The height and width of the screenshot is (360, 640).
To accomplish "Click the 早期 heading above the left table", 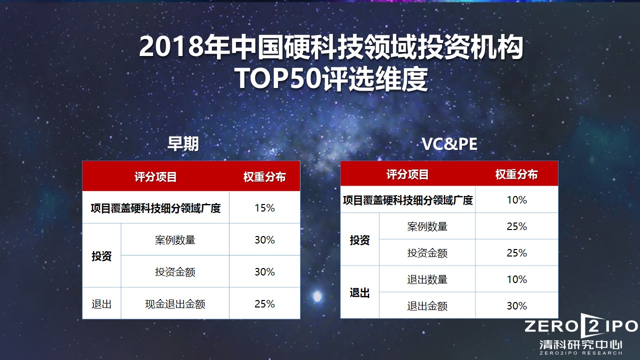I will tap(183, 144).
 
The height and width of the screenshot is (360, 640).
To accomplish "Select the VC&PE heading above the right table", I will tap(449, 144).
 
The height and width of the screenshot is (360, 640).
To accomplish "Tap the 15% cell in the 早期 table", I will tap(264, 208).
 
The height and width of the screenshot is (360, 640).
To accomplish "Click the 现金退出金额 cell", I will tap(175, 304).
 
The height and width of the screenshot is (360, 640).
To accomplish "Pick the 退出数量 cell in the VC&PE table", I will tap(427, 279).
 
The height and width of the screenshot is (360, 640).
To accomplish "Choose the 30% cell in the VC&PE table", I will tap(516, 306).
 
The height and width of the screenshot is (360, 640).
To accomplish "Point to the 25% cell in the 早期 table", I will tap(264, 304).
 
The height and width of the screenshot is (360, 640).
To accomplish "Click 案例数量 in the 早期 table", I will tap(175, 240).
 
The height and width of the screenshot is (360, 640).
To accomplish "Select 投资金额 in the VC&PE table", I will tap(427, 253).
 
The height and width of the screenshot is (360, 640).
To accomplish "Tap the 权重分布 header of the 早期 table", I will tap(264, 177).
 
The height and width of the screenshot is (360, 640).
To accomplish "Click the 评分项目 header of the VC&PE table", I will tap(407, 174).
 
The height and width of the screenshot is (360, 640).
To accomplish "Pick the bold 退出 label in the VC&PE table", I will tap(359, 293).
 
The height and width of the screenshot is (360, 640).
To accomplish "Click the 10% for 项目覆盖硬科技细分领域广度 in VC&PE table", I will tap(516, 200).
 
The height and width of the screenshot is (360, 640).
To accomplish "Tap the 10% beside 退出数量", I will tap(516, 279).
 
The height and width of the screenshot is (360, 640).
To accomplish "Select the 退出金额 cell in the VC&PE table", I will tap(427, 306).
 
